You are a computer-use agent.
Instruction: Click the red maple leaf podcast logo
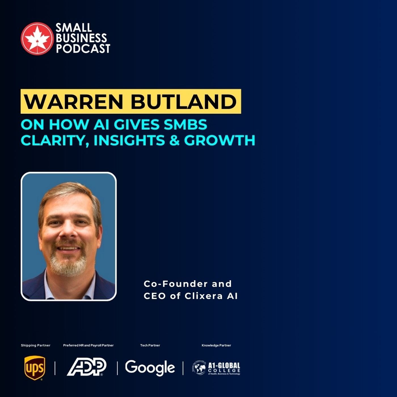37,38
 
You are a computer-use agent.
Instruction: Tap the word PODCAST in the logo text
83,48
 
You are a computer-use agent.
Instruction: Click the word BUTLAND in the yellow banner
184,101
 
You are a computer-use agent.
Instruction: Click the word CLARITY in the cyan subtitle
53,140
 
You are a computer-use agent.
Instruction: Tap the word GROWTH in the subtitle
219,140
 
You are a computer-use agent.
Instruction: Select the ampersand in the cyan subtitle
174,140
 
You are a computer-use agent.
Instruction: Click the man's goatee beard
68,262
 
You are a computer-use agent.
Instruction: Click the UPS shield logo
35,368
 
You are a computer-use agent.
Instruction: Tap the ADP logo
86,367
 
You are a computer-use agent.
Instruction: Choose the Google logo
150,368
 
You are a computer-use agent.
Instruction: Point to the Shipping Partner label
35,345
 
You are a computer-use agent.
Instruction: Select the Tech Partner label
150,345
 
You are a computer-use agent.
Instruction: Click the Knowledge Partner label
216,345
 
